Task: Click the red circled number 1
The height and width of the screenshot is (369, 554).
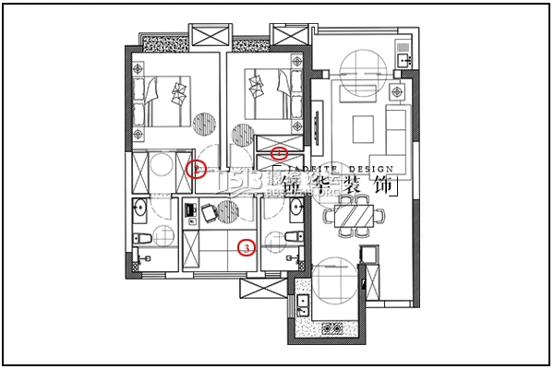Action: click(x=281, y=150)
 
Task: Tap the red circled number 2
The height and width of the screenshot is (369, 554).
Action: click(x=195, y=169)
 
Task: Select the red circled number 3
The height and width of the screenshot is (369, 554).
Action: click(x=246, y=247)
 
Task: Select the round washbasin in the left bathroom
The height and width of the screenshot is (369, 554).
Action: click(x=140, y=208)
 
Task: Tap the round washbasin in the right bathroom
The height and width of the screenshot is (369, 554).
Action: click(x=295, y=208)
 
